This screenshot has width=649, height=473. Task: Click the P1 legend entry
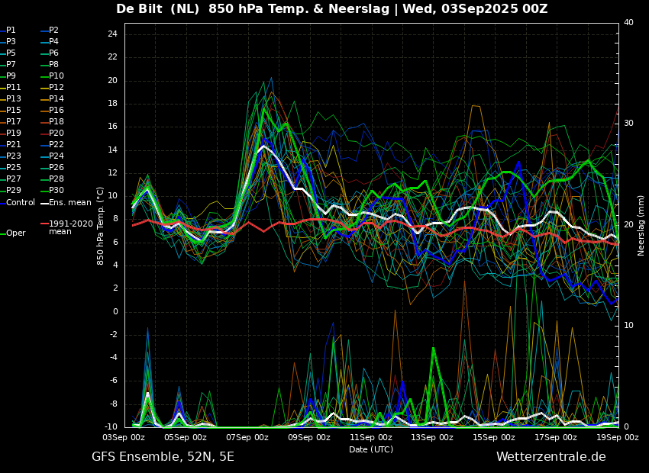pos(11,31)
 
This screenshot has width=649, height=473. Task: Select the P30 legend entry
pos(57,191)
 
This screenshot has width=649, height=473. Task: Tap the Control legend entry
pos(21,202)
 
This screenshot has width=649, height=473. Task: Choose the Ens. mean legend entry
pos(69,202)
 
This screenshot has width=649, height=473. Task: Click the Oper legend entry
pos(16,233)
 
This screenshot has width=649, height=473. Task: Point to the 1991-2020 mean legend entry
pos(70,227)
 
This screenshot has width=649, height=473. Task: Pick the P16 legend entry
pos(57,111)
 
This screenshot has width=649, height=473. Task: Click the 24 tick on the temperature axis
pos(111,34)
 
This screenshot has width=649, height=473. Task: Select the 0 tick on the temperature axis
pos(115,311)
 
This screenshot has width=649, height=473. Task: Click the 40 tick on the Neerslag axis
pos(628,23)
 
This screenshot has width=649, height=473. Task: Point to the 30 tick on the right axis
pos(628,123)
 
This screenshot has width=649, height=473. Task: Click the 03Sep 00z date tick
pos(124,437)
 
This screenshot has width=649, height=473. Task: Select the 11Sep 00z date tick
pos(371,437)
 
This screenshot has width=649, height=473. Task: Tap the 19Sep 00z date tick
pos(617,437)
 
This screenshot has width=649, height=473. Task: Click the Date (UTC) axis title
pos(371,449)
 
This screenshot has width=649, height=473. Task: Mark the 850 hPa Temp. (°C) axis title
pos(101,226)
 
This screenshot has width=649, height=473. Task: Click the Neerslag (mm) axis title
pos(641,225)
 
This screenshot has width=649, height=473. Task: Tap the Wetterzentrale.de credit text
pos(551,457)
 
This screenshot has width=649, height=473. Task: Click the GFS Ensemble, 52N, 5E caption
pos(163,457)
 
